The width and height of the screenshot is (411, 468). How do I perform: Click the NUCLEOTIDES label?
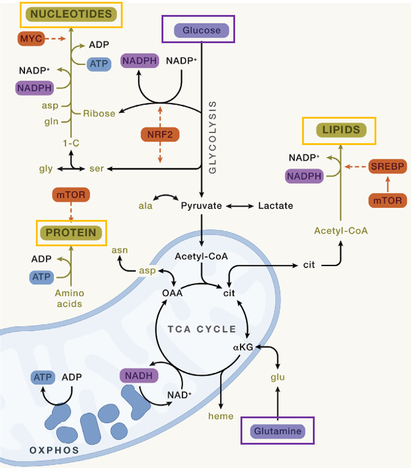click(x=71, y=14)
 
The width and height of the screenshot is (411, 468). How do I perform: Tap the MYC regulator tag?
click(x=29, y=39)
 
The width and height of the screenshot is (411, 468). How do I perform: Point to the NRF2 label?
click(x=160, y=135)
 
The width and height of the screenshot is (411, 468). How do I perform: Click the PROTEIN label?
click(x=71, y=232)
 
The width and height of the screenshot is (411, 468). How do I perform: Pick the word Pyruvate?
click(x=202, y=206)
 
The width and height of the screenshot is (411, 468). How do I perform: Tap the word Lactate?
click(x=276, y=206)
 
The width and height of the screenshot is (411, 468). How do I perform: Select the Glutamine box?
click(x=278, y=430)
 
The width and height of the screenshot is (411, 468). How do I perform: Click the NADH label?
click(x=139, y=376)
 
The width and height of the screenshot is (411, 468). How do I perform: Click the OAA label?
click(x=172, y=292)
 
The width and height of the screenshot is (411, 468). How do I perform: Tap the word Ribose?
click(x=99, y=113)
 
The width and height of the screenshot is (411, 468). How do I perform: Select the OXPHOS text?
click(x=54, y=449)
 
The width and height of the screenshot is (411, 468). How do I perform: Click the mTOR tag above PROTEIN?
click(x=71, y=194)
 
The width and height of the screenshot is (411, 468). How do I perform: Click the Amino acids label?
click(x=69, y=298)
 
